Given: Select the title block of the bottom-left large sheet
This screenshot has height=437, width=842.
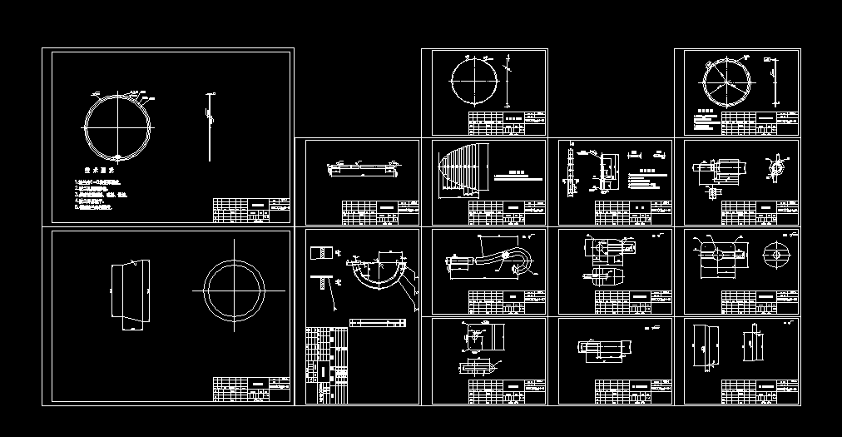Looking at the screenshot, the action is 251,389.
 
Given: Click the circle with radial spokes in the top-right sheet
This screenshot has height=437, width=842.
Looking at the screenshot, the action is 728,84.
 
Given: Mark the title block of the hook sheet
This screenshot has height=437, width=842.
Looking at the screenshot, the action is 507,300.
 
